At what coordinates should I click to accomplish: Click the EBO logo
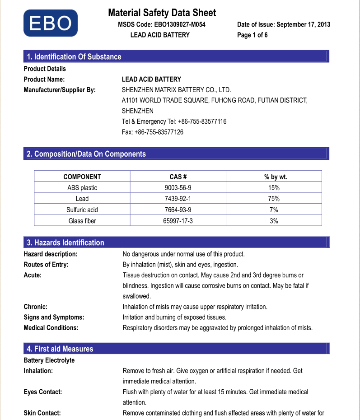coord(50,23)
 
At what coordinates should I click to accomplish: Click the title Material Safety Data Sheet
coord(162,13)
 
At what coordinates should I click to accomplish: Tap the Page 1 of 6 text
coord(252,35)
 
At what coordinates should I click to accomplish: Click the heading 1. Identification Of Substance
coord(75,56)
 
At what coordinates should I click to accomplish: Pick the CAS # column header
coord(178,177)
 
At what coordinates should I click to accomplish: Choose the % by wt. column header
coord(274,177)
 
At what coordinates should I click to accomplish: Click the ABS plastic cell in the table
coord(82,187)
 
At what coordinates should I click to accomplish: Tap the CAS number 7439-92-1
coord(178,199)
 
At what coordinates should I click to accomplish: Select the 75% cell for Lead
coord(274,199)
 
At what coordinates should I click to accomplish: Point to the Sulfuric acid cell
coord(82,210)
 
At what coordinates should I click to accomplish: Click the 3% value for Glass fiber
coord(274,221)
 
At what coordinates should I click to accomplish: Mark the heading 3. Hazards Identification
coord(65,243)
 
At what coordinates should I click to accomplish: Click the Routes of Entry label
coord(46,265)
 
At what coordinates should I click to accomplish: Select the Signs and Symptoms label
coord(54,317)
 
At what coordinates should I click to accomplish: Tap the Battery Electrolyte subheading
coord(49,360)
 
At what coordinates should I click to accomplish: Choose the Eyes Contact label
coord(43,392)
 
